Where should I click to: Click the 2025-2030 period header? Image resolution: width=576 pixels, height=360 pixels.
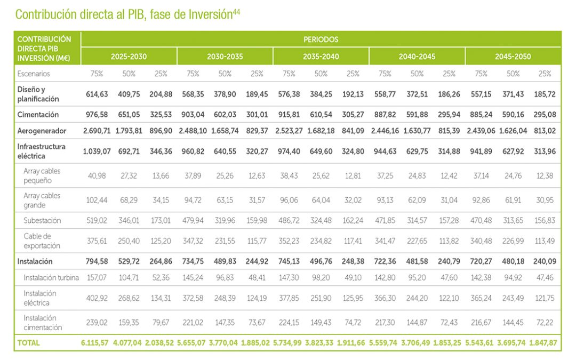(129, 56)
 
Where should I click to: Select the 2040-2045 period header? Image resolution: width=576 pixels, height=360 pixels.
(417, 56)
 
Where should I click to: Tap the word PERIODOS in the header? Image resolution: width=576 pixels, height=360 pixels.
(321, 39)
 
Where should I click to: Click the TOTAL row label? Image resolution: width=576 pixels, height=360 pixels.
(28, 342)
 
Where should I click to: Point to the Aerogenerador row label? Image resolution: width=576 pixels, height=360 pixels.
(41, 131)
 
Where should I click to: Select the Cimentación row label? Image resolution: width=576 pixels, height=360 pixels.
(38, 115)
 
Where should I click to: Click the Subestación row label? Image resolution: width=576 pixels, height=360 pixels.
(42, 220)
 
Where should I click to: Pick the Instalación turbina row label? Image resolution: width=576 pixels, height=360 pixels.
(51, 277)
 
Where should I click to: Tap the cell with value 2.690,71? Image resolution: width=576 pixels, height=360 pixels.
(97, 131)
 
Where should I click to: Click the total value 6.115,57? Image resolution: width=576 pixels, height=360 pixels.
(97, 342)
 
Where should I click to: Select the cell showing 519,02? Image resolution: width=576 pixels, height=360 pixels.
(97, 220)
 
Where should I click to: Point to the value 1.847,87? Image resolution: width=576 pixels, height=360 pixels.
(545, 342)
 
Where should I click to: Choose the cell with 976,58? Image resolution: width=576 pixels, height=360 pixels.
(97, 115)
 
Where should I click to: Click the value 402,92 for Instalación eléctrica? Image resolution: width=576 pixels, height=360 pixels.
(97, 298)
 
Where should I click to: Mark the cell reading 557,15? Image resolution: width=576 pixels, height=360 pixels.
(481, 94)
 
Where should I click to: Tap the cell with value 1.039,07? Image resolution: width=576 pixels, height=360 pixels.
(97, 151)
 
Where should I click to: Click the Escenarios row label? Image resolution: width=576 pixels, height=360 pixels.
(33, 74)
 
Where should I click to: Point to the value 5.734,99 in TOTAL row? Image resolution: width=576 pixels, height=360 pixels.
(289, 342)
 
